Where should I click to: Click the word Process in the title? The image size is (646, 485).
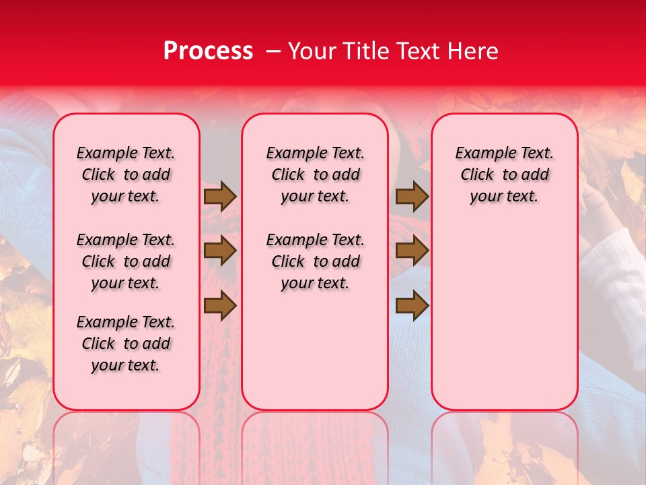pyautogui.click(x=208, y=51)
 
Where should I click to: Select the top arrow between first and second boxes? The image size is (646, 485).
pyautogui.click(x=220, y=197)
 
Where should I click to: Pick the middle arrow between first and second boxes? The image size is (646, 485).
pyautogui.click(x=220, y=251)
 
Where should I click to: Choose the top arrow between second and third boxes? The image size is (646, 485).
pyautogui.click(x=412, y=197)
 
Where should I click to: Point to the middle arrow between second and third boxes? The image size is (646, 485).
pyautogui.click(x=412, y=251)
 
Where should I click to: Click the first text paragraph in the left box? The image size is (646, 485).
pyautogui.click(x=126, y=174)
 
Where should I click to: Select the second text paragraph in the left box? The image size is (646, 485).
pyautogui.click(x=126, y=261)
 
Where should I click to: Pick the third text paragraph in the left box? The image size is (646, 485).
pyautogui.click(x=126, y=344)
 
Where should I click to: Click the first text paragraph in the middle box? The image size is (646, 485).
pyautogui.click(x=315, y=174)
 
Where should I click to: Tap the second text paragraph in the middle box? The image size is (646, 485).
pyautogui.click(x=315, y=261)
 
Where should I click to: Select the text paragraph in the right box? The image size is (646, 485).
pyautogui.click(x=505, y=174)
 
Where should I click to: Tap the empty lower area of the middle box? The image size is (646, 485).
pyautogui.click(x=315, y=350)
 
